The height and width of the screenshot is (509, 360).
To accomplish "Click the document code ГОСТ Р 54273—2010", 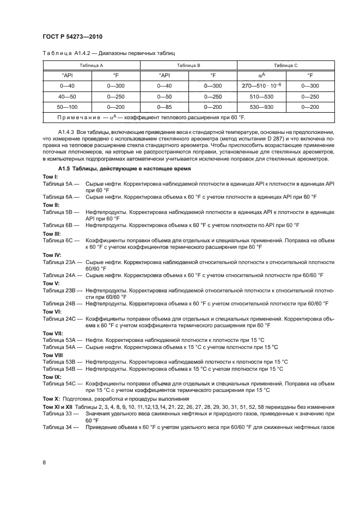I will tap(72, 36).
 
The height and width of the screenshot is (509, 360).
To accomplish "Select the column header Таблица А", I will tap(91, 65).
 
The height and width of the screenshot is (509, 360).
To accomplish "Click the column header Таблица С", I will tap(285, 65).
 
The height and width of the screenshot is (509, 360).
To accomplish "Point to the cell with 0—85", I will tap(164, 107).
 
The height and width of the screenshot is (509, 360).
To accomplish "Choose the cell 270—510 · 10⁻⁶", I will tap(261, 86).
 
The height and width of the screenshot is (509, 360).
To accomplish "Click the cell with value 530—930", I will tap(261, 107).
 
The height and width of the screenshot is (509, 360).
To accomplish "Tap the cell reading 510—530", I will tap(261, 97).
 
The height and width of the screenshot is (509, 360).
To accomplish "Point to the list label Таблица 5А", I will tap(60, 185).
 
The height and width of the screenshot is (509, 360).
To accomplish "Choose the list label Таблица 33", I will tap(60, 414).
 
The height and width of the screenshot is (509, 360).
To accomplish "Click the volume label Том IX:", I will tap(52, 376).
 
